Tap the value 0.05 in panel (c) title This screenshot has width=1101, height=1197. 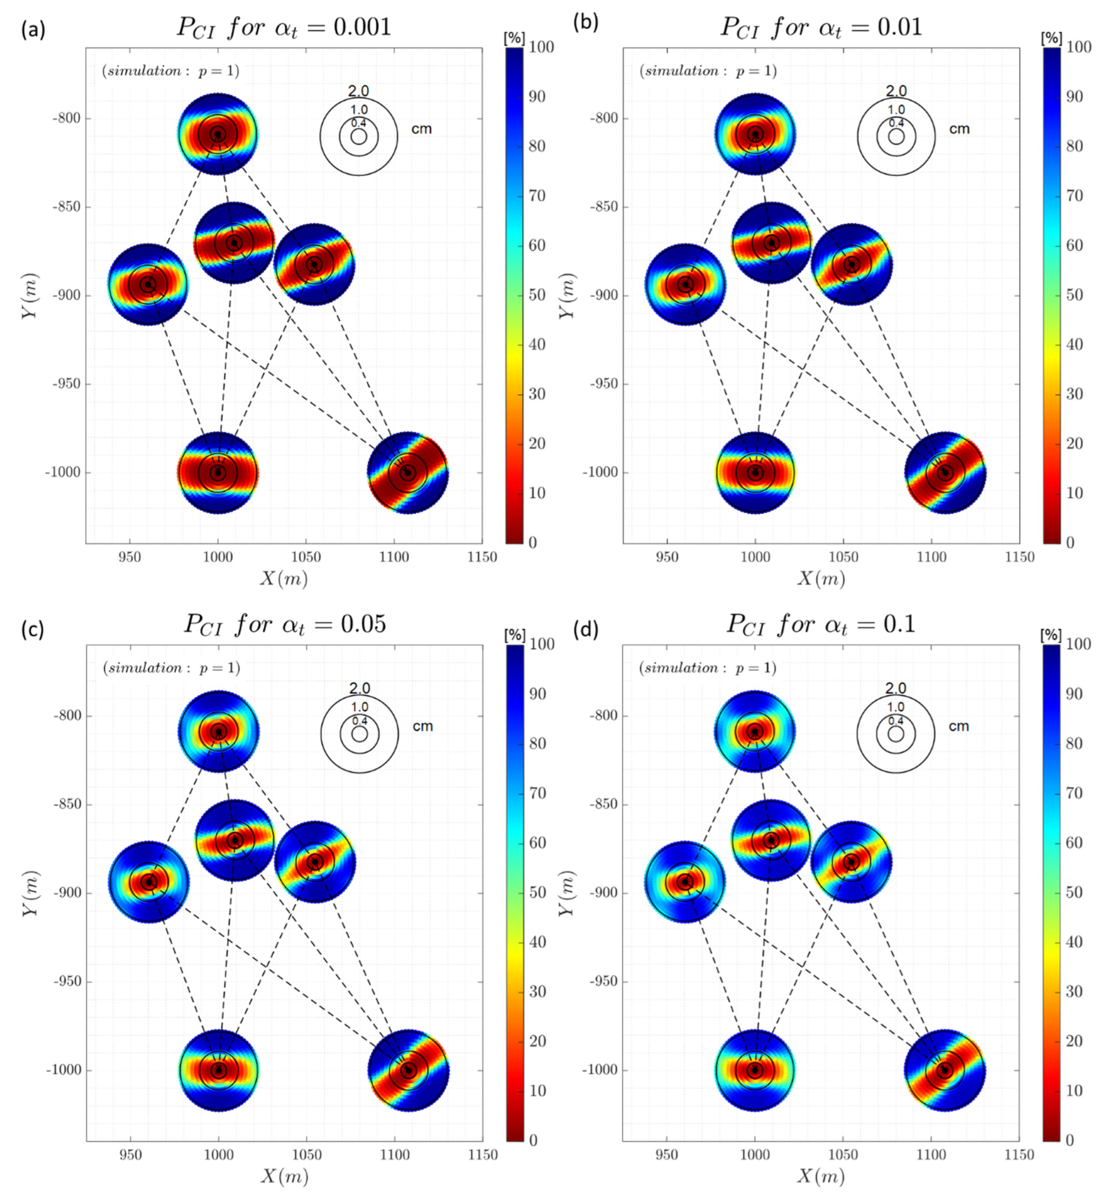tap(363, 624)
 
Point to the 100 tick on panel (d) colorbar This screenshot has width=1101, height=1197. tap(1078, 644)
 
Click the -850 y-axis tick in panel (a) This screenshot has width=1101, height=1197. tap(67, 207)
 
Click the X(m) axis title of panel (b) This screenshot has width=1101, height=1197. tap(821, 578)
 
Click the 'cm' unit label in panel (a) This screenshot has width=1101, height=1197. tap(421, 129)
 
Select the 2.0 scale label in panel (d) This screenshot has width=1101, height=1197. tap(895, 689)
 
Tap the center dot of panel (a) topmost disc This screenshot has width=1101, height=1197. tap(218, 134)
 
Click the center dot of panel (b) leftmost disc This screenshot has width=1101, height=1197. tap(685, 284)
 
